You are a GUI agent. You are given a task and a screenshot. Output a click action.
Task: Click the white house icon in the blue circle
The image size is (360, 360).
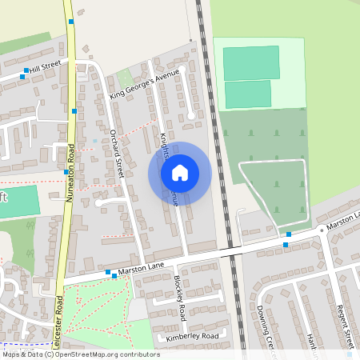click(x=180, y=172)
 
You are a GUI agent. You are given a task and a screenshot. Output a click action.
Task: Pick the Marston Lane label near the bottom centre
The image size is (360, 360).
click(x=141, y=271)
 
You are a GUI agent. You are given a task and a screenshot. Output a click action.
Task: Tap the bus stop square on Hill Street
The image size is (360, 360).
click(x=26, y=71)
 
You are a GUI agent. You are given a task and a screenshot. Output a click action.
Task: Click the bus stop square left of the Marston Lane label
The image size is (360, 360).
click(x=108, y=273)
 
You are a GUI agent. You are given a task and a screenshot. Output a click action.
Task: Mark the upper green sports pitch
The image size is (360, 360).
click(x=251, y=62)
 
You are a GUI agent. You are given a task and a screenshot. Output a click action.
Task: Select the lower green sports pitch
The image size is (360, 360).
click(x=248, y=94)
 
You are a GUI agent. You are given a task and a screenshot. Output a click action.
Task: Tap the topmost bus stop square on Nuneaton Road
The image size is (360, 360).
click(x=71, y=21)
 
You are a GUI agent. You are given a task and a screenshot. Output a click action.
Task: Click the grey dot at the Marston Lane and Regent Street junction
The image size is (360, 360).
click(x=322, y=229)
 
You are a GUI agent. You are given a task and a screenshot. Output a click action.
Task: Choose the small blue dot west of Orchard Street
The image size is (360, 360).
click(x=94, y=141)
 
